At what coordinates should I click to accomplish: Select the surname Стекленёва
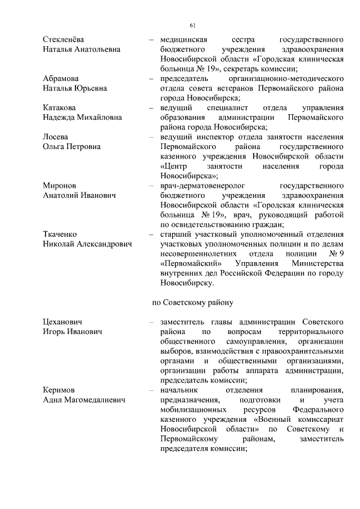[x=64, y=40]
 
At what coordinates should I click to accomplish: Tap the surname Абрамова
[x=60, y=79]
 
